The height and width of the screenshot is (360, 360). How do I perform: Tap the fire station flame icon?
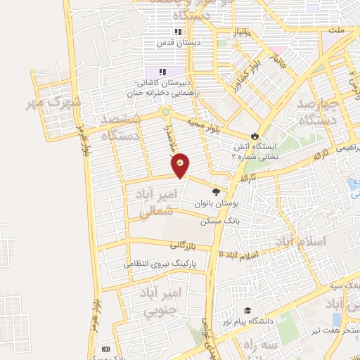(255, 136)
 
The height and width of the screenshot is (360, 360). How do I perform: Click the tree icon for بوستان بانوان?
(216, 191)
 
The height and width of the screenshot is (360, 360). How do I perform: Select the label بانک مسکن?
(216, 221)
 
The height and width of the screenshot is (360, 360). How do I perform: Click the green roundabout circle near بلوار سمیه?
(165, 111)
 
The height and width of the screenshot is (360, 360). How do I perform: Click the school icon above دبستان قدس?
(178, 32)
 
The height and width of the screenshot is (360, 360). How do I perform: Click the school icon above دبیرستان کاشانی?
(162, 72)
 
